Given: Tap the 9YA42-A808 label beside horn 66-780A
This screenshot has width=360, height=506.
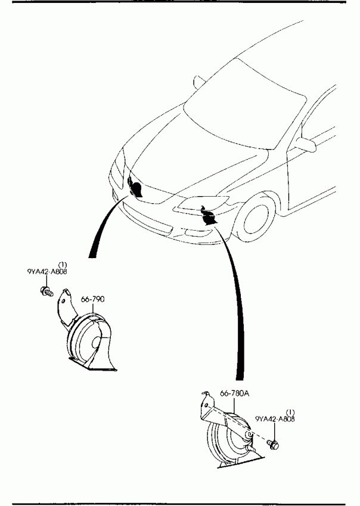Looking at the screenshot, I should [275, 419].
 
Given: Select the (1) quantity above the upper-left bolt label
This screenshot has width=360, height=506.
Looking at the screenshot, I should [62, 263].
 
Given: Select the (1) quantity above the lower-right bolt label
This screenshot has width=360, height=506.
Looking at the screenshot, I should [291, 412].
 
